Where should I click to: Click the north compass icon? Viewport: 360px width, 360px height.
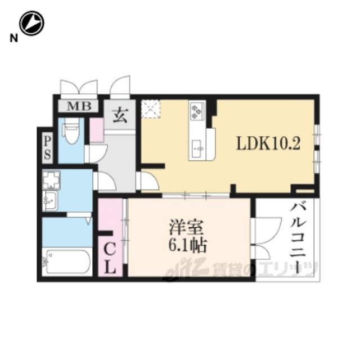31,24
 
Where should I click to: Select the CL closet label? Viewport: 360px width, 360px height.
110,258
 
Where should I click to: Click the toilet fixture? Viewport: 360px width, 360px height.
71,133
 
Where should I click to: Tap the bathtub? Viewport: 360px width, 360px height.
66,260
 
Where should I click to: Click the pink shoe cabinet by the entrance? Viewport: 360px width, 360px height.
97,130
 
